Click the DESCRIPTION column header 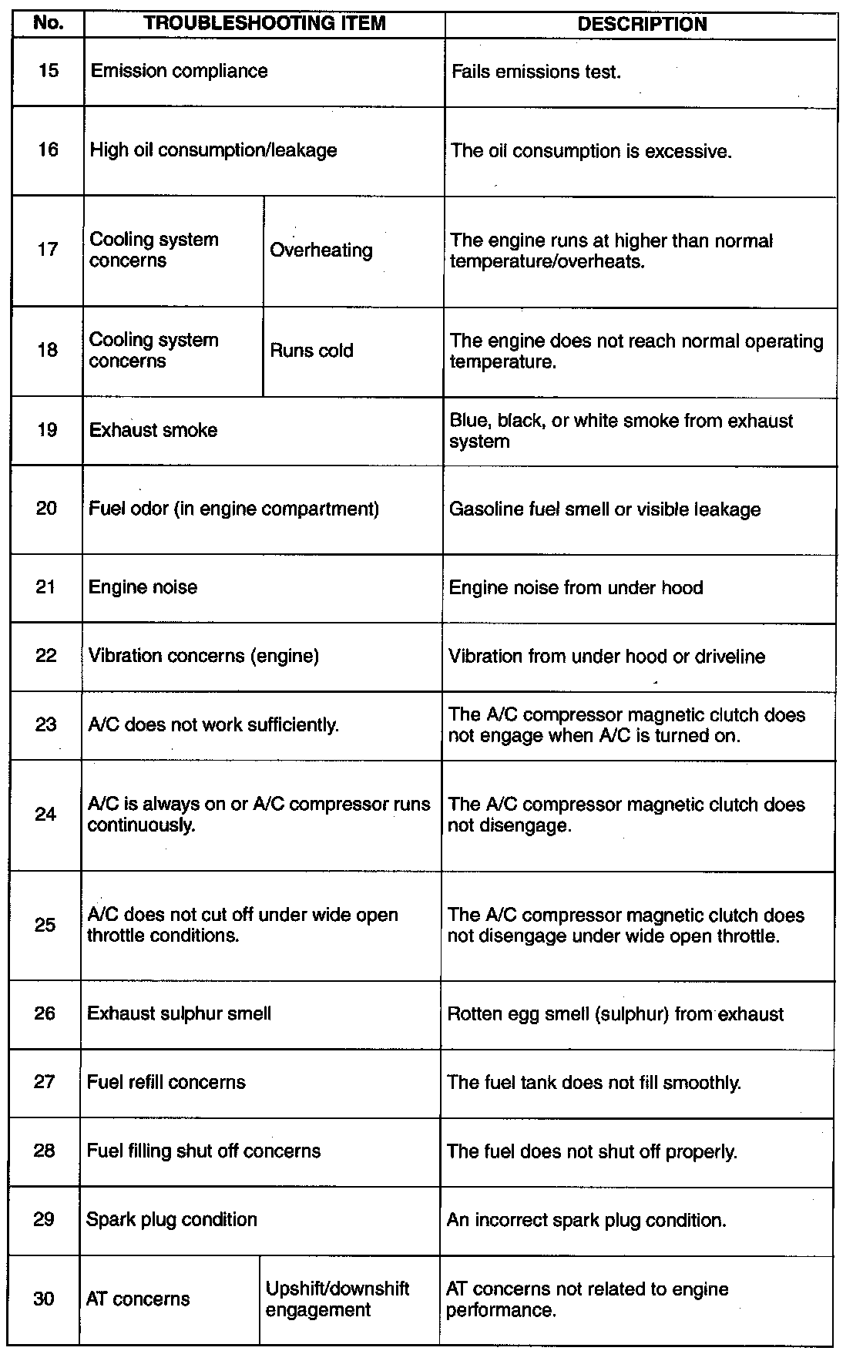[x=641, y=24]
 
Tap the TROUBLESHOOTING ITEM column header [x=264, y=23]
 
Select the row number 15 [x=48, y=71]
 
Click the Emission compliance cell [x=180, y=71]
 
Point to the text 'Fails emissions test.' [x=536, y=72]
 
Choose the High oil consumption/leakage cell [x=213, y=150]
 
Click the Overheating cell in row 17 [x=321, y=250]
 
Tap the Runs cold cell [x=311, y=351]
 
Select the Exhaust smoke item [x=153, y=430]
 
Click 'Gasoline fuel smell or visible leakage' [x=605, y=509]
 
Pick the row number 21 [x=46, y=587]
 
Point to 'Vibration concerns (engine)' [x=203, y=656]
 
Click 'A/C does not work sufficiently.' [x=213, y=724]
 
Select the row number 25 [x=45, y=924]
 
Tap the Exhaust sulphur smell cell [x=179, y=1013]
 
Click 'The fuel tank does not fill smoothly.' [x=594, y=1083]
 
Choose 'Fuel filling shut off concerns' [x=203, y=1151]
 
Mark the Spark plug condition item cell [x=171, y=1220]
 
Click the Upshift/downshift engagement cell [x=337, y=1299]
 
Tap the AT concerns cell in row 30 [x=138, y=1299]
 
